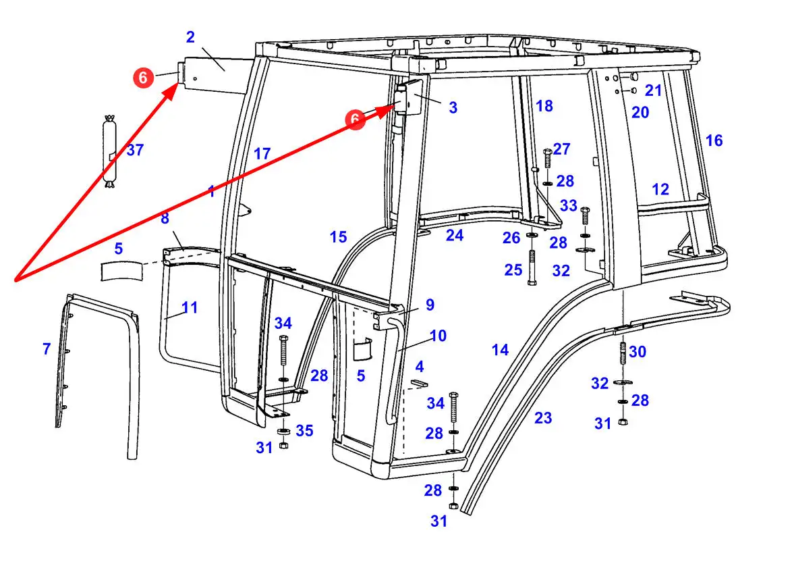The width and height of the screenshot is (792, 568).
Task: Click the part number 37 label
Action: click(x=135, y=150)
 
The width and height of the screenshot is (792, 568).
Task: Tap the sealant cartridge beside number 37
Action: click(x=109, y=152)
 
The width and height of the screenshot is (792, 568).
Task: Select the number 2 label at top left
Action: click(x=190, y=36)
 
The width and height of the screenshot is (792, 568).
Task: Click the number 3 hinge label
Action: click(x=453, y=107)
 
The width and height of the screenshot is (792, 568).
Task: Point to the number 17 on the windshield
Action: click(x=262, y=154)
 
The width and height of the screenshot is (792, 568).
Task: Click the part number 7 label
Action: click(x=47, y=349)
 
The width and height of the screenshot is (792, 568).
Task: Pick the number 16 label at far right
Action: click(x=714, y=140)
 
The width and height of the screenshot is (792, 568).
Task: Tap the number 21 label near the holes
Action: click(x=653, y=90)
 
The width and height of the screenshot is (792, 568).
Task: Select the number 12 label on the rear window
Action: click(x=660, y=189)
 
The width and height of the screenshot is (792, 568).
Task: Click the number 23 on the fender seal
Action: click(x=543, y=418)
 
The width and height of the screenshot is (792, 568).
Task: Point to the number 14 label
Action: click(x=500, y=350)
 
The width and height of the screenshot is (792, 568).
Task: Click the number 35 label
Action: click(x=305, y=430)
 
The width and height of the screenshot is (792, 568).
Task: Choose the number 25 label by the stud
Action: click(x=513, y=270)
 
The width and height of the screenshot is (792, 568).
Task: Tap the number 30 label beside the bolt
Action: click(x=638, y=352)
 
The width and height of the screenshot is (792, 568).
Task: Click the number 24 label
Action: click(x=455, y=235)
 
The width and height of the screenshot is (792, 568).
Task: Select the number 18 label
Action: click(x=544, y=105)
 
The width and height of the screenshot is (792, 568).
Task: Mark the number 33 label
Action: click(x=569, y=205)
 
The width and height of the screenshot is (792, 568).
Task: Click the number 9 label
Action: click(x=430, y=305)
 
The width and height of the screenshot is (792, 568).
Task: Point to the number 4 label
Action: click(x=420, y=367)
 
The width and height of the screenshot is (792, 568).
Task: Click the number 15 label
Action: click(x=338, y=237)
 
